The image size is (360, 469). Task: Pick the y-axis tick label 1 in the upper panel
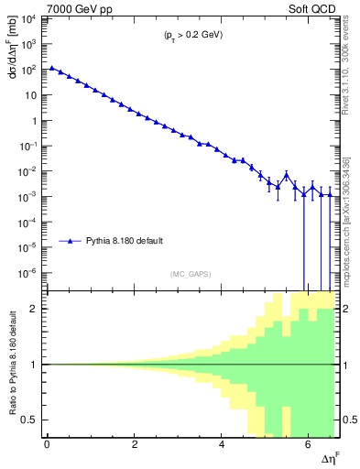[37, 121]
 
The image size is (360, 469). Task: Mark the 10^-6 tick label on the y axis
[30, 273]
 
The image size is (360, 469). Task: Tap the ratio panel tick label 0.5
[32, 420]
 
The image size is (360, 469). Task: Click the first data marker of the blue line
[52, 68]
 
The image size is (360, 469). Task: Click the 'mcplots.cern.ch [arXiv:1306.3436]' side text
[353, 211]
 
